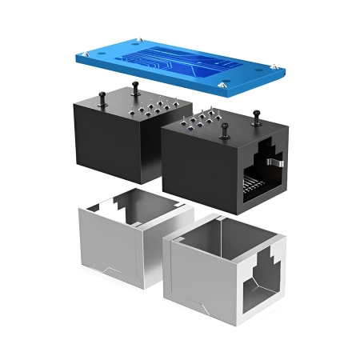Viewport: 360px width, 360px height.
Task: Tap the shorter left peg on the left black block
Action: click(x=105, y=98)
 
